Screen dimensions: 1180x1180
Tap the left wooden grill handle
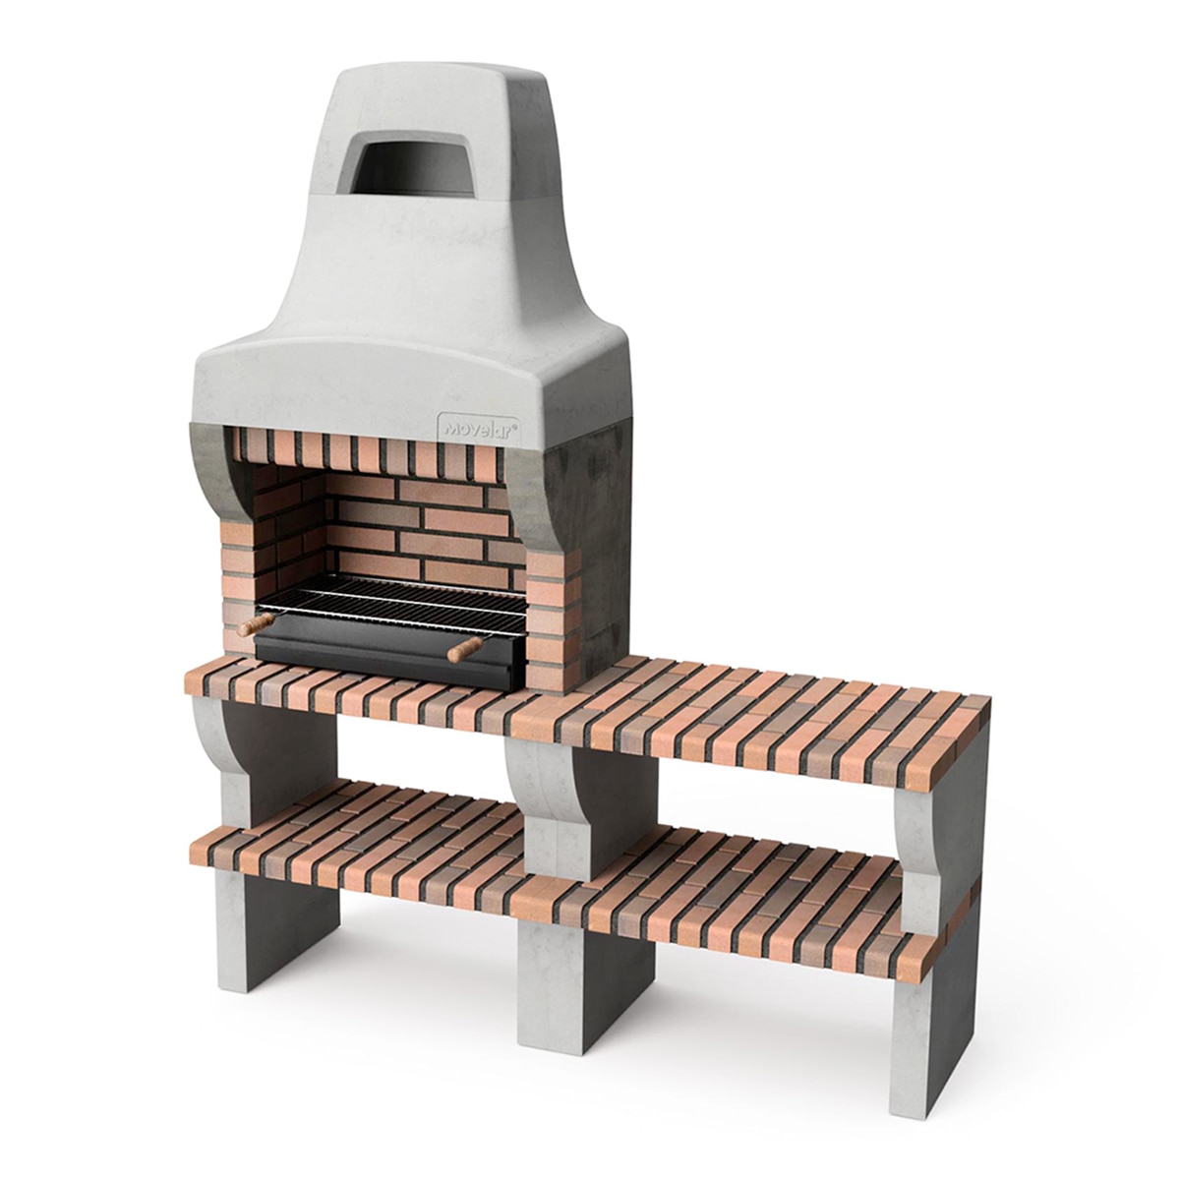(255, 624)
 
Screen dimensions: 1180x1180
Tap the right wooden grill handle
(465, 649)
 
